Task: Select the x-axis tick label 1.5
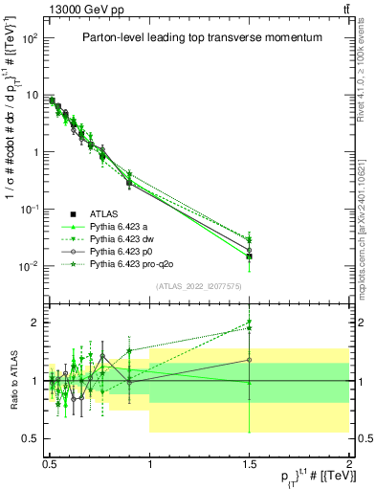(249, 460)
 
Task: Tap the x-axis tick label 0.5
(50, 460)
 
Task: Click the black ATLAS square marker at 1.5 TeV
(249, 256)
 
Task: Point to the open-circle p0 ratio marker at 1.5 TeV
(249, 361)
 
